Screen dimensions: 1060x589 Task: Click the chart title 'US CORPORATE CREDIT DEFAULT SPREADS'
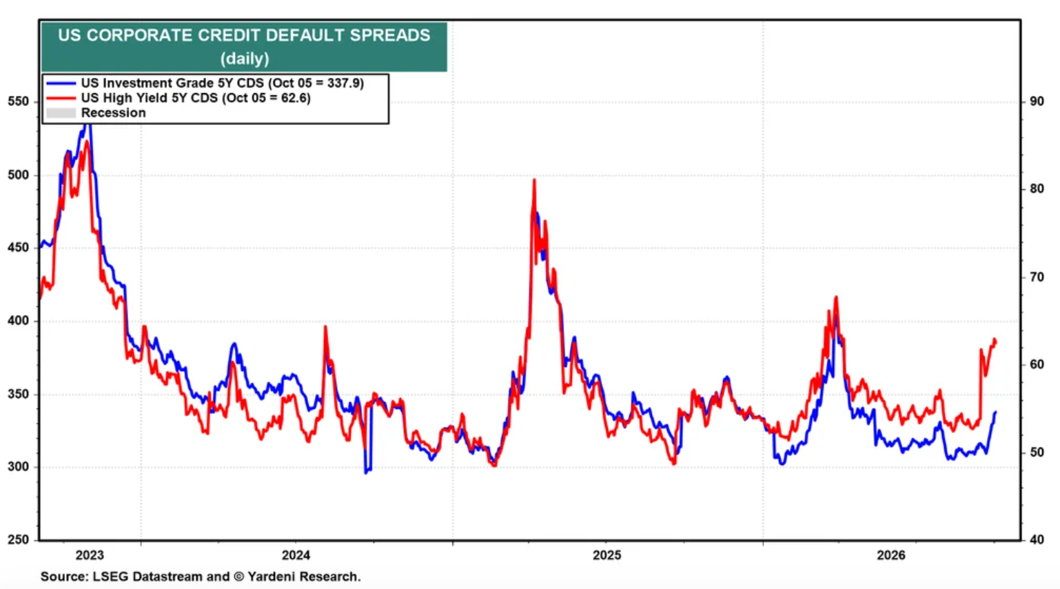click(x=244, y=35)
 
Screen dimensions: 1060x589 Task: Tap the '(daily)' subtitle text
click(x=245, y=59)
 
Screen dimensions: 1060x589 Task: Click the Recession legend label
click(x=114, y=112)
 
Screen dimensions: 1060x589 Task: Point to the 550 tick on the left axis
click(x=18, y=101)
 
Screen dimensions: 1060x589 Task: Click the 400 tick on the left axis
click(x=18, y=321)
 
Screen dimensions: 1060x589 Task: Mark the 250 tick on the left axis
click(x=18, y=539)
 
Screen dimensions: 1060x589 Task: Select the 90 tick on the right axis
click(x=1037, y=101)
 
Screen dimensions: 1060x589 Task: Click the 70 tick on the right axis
click(x=1037, y=277)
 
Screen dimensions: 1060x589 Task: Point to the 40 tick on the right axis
click(x=1037, y=539)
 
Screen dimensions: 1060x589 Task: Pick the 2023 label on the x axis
click(x=90, y=555)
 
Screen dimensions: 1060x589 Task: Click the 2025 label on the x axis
click(x=607, y=555)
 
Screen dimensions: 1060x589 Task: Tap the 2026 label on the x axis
click(x=890, y=555)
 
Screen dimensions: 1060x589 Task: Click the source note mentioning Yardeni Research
click(x=201, y=577)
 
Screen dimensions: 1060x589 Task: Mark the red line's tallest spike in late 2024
click(x=534, y=180)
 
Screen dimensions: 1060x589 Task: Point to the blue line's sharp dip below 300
click(x=366, y=472)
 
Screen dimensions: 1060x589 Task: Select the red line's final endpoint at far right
click(x=996, y=343)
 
